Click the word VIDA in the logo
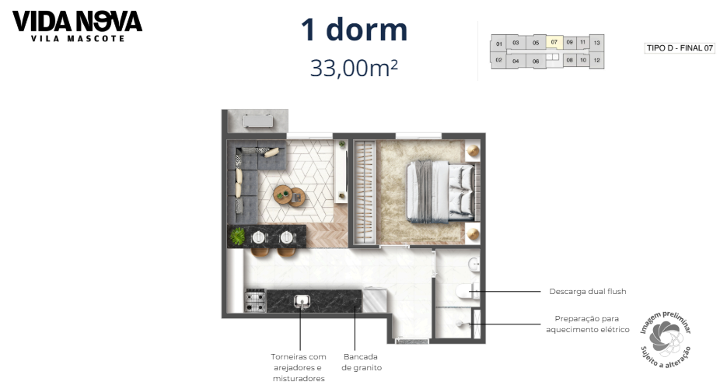point(40,20)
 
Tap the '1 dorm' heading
point(354,30)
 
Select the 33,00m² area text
point(354,68)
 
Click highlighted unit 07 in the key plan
point(554,43)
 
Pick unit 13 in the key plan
point(596,44)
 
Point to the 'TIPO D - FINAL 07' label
point(680,48)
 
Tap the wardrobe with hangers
point(363,191)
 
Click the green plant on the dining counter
point(237,235)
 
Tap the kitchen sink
point(302,300)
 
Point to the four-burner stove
point(255,300)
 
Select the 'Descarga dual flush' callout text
point(587,292)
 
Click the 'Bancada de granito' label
point(362,363)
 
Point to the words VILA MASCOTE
point(77,38)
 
